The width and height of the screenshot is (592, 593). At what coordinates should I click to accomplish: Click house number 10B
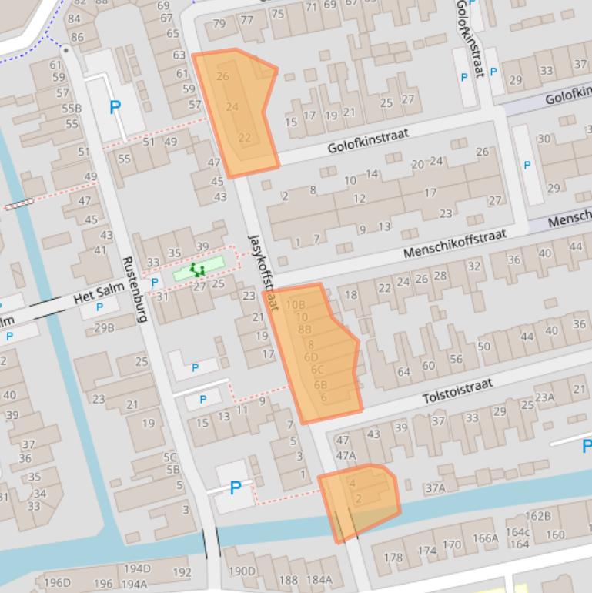coord(296,305)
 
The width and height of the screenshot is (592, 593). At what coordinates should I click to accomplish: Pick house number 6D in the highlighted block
coord(311,357)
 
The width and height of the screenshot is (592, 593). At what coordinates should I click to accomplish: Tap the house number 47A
coord(346,455)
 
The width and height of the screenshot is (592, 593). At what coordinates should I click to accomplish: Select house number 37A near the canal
coord(435,487)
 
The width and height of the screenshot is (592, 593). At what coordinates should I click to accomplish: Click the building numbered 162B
coord(537,516)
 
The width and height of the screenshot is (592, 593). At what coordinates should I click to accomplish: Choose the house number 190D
coord(242,571)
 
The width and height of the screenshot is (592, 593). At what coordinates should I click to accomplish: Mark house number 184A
coord(319,580)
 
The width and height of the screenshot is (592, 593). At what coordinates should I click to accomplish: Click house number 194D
coord(137,568)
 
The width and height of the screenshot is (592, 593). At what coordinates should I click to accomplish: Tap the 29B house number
coord(104,327)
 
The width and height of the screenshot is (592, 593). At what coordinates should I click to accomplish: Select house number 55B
coord(71,109)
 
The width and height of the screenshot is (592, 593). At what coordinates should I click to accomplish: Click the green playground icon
coord(198,269)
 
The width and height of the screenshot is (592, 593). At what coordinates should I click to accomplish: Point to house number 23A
coord(544,397)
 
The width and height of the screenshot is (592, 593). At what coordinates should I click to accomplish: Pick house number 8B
coord(304,330)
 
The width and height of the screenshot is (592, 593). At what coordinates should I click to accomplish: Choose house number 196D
coord(57,583)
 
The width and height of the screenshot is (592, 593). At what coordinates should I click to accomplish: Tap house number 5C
coord(170,457)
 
